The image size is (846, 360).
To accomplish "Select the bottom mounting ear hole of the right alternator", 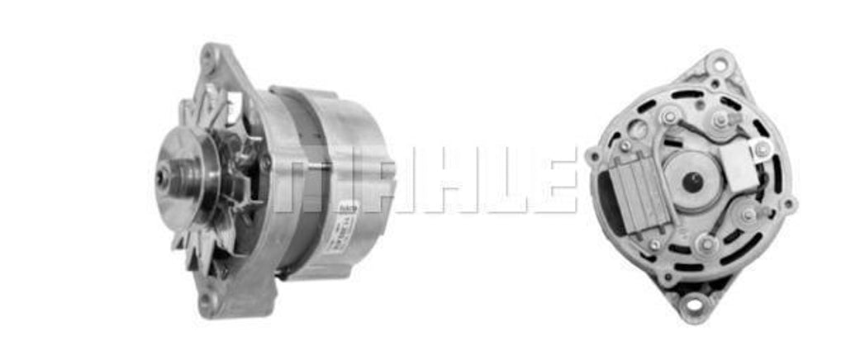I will pos(692,306).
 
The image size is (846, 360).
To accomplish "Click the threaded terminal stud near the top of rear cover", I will pos(720,121).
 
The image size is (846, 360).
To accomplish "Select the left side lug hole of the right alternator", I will pos(593,154).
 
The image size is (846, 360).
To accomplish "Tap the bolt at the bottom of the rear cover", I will pos(707,243).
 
